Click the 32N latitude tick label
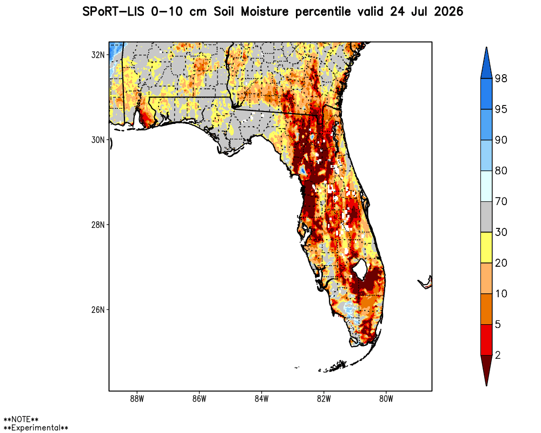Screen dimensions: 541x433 tap(97, 55)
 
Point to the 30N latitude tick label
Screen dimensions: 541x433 tap(97, 140)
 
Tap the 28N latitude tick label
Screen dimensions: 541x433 tap(97, 225)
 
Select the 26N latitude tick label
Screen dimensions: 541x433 tap(97, 310)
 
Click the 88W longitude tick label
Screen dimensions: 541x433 tap(137, 399)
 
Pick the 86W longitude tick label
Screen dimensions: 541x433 tap(199, 399)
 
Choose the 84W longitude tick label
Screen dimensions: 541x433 tap(261, 399)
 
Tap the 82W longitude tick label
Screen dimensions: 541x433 tap(324, 399)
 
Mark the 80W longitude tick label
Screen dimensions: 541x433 tap(386, 399)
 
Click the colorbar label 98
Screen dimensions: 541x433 tap(501, 78)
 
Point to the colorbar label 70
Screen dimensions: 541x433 tap(501, 201)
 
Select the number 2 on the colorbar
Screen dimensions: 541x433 tap(498, 355)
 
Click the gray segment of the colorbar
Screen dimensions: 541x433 tap(486, 217)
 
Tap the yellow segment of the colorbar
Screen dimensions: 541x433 tap(486, 247)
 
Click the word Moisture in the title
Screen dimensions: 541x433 tap(265, 12)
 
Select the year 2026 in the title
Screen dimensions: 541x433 tap(448, 12)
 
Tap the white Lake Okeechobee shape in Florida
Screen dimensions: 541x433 tap(360, 269)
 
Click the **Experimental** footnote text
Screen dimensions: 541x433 tap(36, 428)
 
